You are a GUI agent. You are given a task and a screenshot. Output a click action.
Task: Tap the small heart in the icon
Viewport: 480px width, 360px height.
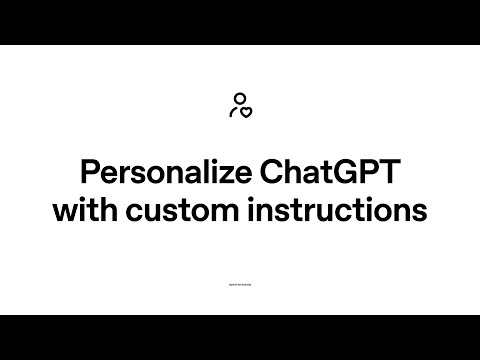click(246, 112)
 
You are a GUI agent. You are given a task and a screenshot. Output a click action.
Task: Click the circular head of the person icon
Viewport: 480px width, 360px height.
click(238, 98)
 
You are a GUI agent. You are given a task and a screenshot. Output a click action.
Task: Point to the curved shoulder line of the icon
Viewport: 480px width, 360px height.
click(234, 110)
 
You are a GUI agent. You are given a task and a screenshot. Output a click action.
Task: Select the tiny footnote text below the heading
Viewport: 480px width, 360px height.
click(240, 285)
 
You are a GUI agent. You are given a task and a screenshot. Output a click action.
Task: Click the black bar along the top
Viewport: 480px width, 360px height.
click(240, 22)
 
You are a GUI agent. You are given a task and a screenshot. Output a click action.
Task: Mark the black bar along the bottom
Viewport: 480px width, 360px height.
click(240, 337)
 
